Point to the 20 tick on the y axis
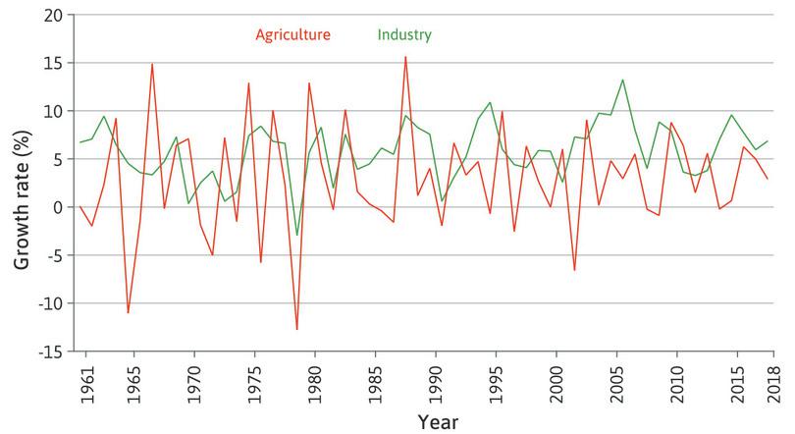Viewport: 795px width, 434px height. (51, 16)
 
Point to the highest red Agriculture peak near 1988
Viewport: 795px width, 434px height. (405, 57)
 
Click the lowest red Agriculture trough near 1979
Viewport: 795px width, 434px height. (296, 329)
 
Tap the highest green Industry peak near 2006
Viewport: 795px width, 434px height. (622, 81)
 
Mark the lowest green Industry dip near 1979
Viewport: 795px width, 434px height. (296, 235)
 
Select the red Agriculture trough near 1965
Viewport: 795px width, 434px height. (128, 312)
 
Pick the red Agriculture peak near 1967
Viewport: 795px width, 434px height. (152, 65)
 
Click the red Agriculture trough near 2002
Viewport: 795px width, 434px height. (574, 270)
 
